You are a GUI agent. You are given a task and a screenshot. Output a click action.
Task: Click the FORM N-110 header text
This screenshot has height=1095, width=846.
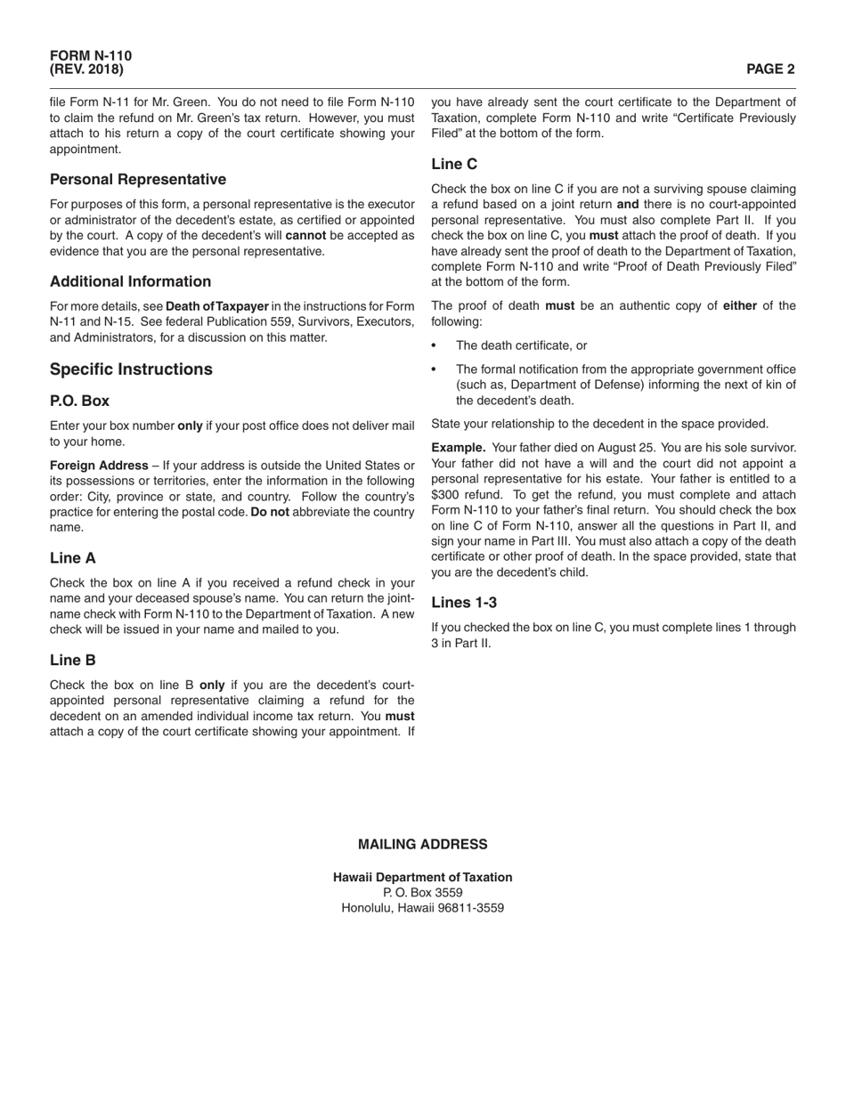(91, 56)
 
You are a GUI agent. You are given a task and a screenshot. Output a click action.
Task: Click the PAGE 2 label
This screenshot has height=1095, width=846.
(770, 69)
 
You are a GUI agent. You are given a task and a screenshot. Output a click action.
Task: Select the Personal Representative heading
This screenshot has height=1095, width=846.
(138, 180)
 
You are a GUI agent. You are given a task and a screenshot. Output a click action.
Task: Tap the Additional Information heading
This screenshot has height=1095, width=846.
(131, 282)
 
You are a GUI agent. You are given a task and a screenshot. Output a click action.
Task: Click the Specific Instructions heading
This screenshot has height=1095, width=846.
(131, 369)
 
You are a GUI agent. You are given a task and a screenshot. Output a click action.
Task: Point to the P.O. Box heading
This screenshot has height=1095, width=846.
(79, 401)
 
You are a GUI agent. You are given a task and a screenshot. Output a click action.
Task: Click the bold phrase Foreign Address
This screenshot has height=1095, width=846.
(99, 466)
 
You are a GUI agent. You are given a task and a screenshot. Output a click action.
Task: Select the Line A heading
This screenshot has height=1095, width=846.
(73, 558)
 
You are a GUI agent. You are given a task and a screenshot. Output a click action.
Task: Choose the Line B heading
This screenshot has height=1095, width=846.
(73, 661)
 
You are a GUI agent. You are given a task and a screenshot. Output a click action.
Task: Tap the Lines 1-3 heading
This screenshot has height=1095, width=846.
(464, 603)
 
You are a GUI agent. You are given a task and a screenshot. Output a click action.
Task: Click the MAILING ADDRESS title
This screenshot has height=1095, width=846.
(422, 845)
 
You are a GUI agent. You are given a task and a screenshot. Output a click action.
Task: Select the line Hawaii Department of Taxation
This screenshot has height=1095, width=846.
(422, 878)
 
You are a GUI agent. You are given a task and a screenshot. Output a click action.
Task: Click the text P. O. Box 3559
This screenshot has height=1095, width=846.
(422, 893)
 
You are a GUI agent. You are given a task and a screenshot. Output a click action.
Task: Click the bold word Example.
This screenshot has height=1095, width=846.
(458, 448)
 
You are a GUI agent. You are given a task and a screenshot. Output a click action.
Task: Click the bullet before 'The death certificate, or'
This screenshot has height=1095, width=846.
(435, 346)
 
